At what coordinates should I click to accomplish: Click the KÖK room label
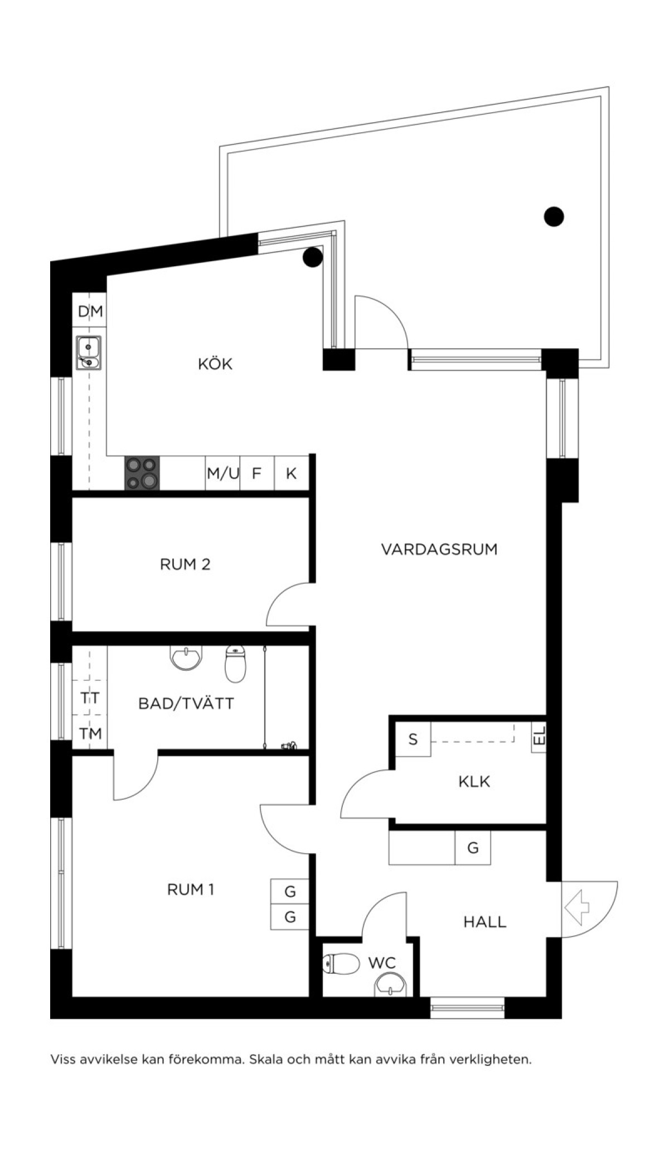point(215,364)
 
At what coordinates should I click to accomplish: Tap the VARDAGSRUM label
point(439,549)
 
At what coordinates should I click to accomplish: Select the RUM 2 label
point(185,564)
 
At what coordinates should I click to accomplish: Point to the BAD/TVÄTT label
point(186,703)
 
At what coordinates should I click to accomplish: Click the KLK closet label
point(474,781)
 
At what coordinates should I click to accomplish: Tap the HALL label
point(485,922)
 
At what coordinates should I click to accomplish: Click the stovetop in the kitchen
point(142,473)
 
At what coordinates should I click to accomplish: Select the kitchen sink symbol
point(89,353)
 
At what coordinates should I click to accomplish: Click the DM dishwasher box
point(90,310)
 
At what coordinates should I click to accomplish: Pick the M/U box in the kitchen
point(223,473)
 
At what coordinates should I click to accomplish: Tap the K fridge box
point(292,473)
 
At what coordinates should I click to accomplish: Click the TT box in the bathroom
point(90,698)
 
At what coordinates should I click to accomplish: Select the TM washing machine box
point(90,732)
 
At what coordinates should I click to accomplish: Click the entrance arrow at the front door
point(577,908)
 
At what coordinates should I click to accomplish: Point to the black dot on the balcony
point(554,216)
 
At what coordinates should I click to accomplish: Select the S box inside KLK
point(413,739)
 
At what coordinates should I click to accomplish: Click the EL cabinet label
point(539,738)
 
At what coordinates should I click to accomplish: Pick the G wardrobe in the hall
point(473,848)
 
